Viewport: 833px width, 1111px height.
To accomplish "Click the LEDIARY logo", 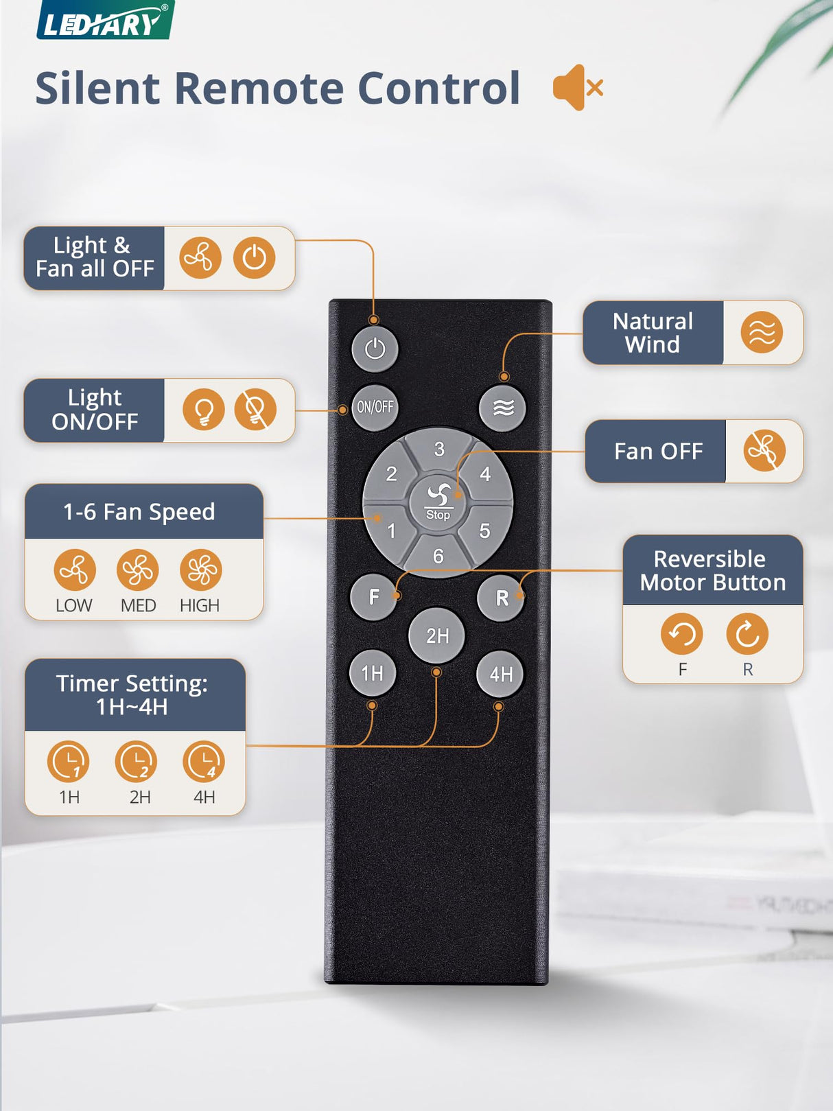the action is click(105, 21).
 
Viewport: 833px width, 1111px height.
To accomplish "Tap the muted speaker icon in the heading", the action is click(578, 88).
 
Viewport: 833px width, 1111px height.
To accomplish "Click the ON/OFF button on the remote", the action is click(375, 408).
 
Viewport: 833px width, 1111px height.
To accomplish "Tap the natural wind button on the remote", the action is click(502, 408).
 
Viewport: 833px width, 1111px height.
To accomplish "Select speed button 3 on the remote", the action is click(438, 449).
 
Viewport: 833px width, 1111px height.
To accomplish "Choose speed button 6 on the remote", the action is click(438, 557).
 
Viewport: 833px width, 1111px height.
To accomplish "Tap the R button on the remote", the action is click(501, 598).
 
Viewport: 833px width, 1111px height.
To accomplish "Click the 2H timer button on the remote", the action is click(437, 635).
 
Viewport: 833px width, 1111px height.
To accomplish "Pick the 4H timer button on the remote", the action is click(500, 674).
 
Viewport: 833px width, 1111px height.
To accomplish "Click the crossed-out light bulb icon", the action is click(255, 410).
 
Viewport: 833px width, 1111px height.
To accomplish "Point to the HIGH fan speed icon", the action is click(201, 570).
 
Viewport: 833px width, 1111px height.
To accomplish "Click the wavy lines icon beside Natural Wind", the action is click(762, 333).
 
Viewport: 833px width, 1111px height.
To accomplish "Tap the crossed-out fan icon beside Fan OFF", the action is click(764, 450).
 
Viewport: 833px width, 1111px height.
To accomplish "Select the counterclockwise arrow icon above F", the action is click(681, 633).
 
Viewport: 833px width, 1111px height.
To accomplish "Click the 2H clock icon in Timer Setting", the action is click(136, 762).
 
